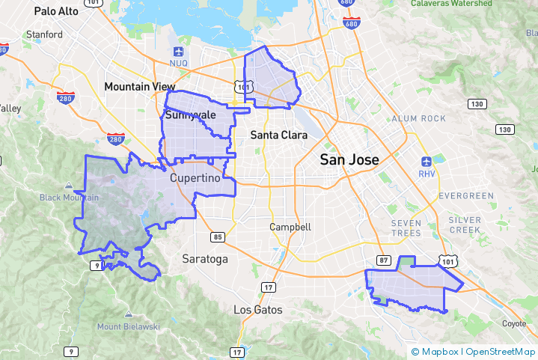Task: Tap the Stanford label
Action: pyautogui.click(x=44, y=34)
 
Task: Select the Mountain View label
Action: pyautogui.click(x=139, y=87)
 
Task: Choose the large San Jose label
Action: pyautogui.click(x=349, y=159)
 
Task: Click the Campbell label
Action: pyautogui.click(x=291, y=227)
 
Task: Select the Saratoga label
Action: pyautogui.click(x=205, y=259)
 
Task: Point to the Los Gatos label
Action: pyautogui.click(x=258, y=309)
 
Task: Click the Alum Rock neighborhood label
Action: pyautogui.click(x=418, y=118)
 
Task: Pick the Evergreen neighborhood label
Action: pyautogui.click(x=467, y=195)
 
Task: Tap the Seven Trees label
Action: pyautogui.click(x=406, y=228)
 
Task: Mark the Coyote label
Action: pyautogui.click(x=514, y=324)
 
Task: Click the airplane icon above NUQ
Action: pyautogui.click(x=179, y=52)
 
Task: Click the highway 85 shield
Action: pyautogui.click(x=218, y=237)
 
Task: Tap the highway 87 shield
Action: pyautogui.click(x=384, y=260)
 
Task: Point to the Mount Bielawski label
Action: pyautogui.click(x=129, y=326)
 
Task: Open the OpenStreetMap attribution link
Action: pyautogui.click(x=501, y=352)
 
